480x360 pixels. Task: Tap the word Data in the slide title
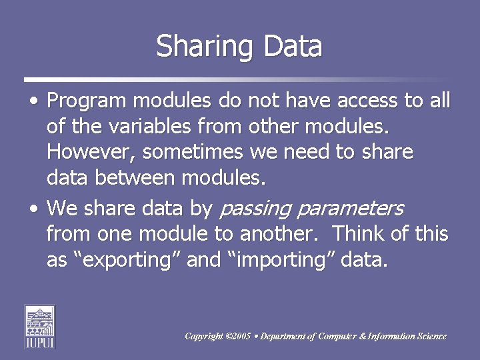point(293,47)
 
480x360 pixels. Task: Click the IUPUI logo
point(40,326)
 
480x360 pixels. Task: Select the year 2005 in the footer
point(242,336)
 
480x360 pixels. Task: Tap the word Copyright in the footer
point(204,336)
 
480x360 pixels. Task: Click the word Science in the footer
point(430,336)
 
